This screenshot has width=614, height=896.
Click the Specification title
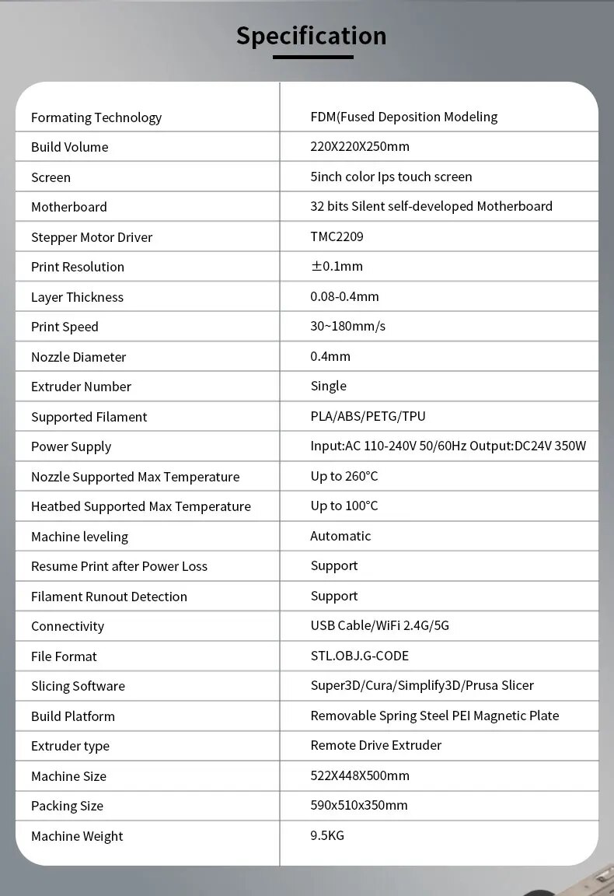point(311,36)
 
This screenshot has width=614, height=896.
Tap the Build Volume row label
point(69,147)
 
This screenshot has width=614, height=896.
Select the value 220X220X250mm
point(360,146)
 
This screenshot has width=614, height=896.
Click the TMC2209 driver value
point(337,236)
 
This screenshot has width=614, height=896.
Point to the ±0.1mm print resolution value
point(337,266)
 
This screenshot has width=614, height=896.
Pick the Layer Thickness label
point(77,297)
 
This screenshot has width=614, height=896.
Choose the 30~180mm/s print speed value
point(347,326)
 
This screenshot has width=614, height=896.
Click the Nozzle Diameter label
point(78,357)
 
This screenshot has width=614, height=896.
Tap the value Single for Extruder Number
point(329,386)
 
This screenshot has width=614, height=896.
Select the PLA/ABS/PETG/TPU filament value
point(368,416)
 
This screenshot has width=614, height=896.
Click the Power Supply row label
point(71,446)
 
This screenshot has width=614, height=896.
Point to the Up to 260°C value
point(344,476)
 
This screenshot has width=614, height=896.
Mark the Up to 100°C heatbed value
point(344,506)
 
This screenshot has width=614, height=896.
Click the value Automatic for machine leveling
point(340,536)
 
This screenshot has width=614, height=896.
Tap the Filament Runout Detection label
point(109,597)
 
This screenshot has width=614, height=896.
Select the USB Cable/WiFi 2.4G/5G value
point(379,625)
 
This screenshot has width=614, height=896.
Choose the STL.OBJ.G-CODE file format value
point(359,656)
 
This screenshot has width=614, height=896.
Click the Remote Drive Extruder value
point(375,745)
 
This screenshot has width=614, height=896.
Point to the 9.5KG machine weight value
point(327,835)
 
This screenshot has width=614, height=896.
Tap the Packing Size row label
point(67,806)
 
